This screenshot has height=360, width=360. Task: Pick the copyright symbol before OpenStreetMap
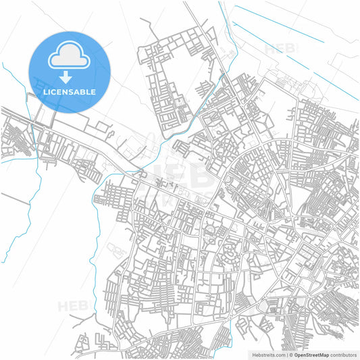pyautogui.click(x=290, y=354)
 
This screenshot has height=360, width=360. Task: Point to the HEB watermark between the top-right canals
pyautogui.click(x=280, y=48)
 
